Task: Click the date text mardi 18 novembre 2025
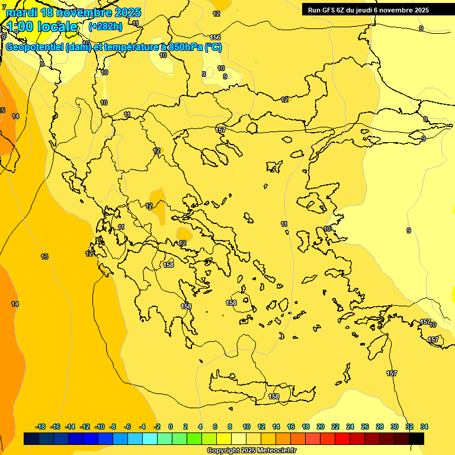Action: click(x=73, y=12)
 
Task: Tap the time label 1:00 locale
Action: click(x=42, y=27)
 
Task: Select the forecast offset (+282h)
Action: click(x=105, y=27)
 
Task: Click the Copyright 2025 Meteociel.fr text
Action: click(x=252, y=450)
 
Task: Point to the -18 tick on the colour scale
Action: click(x=41, y=427)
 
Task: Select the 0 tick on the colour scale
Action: click(x=171, y=427)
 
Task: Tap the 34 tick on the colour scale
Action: click(x=424, y=427)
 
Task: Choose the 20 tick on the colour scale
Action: click(x=321, y=427)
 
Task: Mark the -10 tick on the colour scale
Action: click(x=100, y=427)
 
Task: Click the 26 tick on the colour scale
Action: click(x=365, y=427)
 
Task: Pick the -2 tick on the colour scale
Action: click(x=156, y=427)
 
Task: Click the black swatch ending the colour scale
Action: click(x=416, y=438)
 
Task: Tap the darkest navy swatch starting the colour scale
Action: click(x=31, y=438)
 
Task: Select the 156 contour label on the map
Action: click(x=215, y=37)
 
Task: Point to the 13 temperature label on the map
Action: click(x=44, y=257)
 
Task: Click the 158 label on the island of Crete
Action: click(x=274, y=396)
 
